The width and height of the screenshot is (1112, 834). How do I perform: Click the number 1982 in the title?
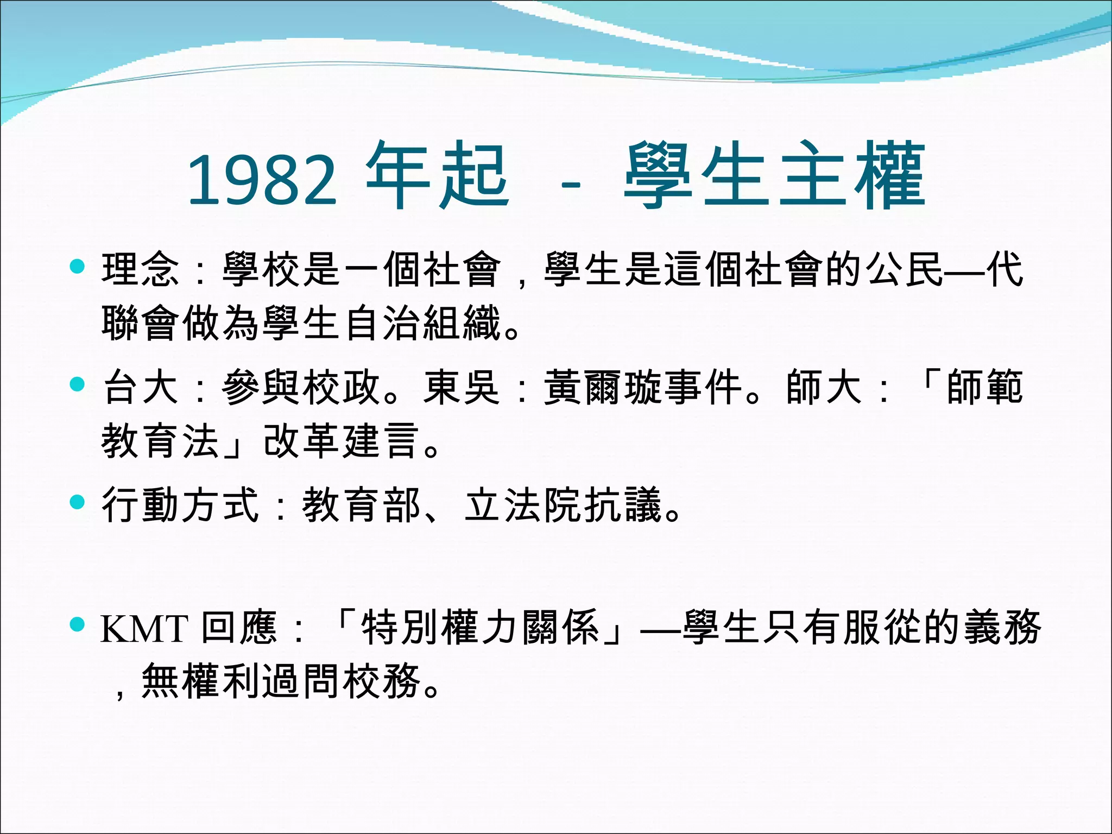[x=262, y=179]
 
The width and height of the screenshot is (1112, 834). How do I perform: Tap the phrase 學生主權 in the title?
[x=774, y=175]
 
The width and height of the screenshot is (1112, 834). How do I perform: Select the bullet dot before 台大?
[x=78, y=384]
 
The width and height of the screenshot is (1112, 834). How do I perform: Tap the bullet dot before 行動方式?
[x=78, y=502]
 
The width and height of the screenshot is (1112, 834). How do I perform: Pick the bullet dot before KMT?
[x=78, y=625]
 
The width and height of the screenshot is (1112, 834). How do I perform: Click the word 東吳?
[x=461, y=387]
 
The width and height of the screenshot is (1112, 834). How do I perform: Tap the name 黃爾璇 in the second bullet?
[x=603, y=387]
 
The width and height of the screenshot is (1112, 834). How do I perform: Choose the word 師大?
[x=824, y=387]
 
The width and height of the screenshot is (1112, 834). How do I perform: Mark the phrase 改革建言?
[x=342, y=440]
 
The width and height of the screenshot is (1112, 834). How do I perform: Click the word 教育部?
[x=362, y=505]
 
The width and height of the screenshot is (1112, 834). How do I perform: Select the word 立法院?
[x=523, y=505]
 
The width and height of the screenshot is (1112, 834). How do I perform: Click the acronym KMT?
[x=144, y=629]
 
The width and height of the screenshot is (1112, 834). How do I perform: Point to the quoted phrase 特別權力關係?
[x=481, y=628]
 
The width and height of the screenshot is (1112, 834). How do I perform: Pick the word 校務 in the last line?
[x=382, y=681]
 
